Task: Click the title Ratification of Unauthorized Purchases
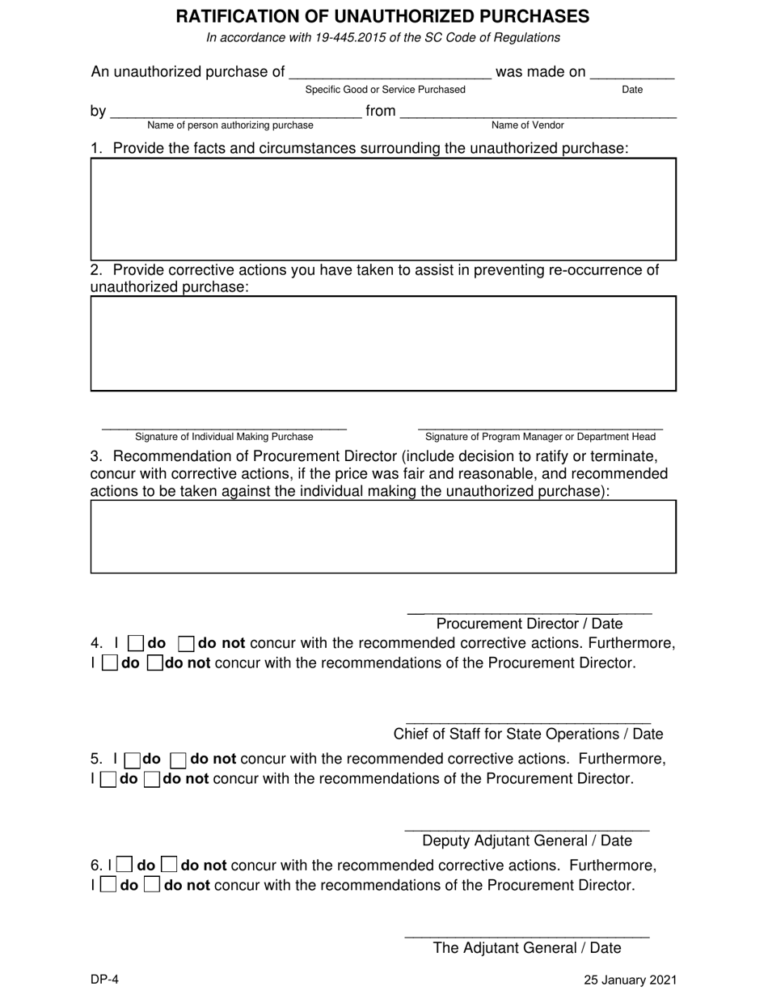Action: tap(382, 16)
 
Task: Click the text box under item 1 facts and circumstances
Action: tap(382, 209)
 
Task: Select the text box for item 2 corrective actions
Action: tap(382, 343)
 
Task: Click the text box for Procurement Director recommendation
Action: tap(382, 536)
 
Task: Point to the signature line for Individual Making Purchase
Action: tap(224, 425)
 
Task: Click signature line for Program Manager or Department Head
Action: tap(540, 425)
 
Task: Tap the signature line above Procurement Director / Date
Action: tap(530, 610)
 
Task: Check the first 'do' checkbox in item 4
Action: tap(136, 644)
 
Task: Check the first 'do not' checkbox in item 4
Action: tap(185, 644)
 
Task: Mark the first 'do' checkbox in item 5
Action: tap(132, 760)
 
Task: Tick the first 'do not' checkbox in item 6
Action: tap(168, 866)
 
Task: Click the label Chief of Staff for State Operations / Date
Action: tap(528, 735)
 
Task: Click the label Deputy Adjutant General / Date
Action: tap(527, 841)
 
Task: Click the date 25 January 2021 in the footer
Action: tap(630, 980)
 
